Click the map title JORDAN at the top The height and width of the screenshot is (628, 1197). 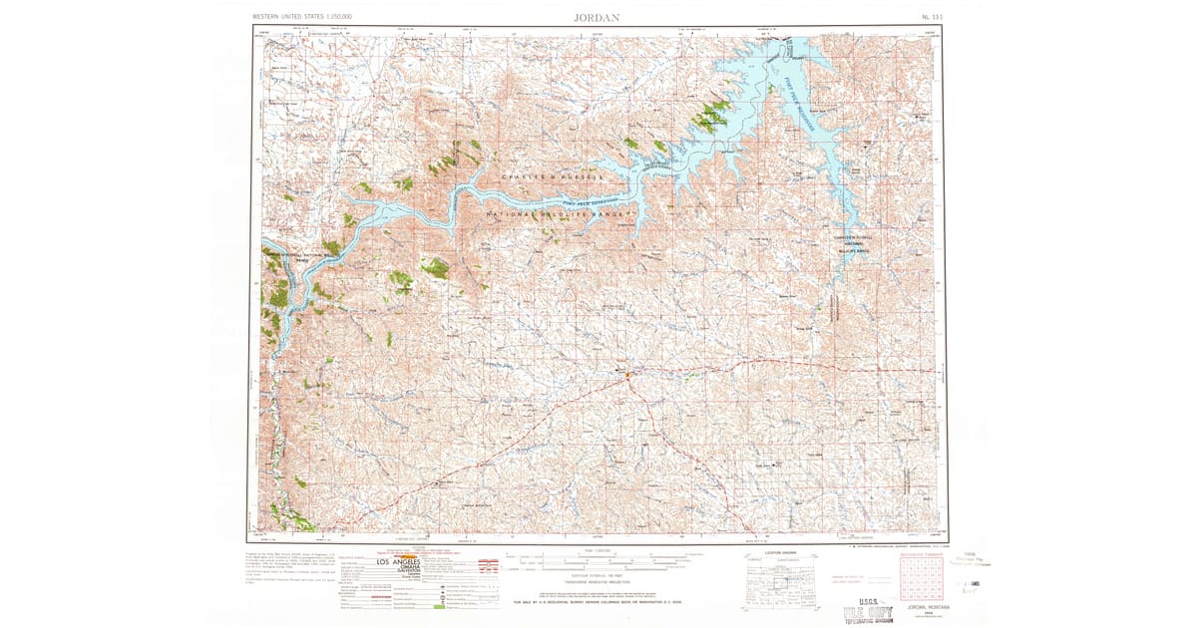(x=598, y=17)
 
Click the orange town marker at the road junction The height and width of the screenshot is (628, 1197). (x=627, y=375)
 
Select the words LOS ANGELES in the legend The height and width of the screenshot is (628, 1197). (x=397, y=562)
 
